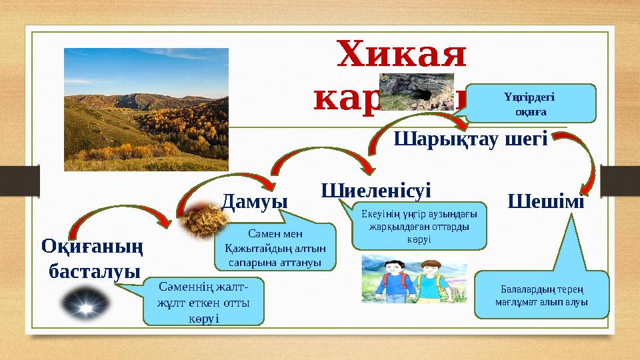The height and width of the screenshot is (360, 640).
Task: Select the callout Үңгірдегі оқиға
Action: [x=530, y=103]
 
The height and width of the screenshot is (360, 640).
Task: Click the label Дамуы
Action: [x=254, y=200]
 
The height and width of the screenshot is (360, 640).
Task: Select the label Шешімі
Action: [x=546, y=200]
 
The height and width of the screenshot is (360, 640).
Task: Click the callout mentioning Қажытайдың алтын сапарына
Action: [x=275, y=247]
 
